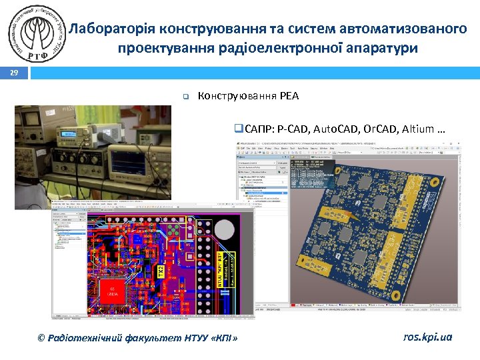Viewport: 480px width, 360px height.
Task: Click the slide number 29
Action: click(13, 73)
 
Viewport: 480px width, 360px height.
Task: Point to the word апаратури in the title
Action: click(387, 48)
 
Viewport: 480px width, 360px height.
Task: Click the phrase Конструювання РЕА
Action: click(249, 96)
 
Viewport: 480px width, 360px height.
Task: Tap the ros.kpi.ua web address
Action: click(427, 337)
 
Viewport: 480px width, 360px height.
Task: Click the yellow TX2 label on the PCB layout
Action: click(160, 272)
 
